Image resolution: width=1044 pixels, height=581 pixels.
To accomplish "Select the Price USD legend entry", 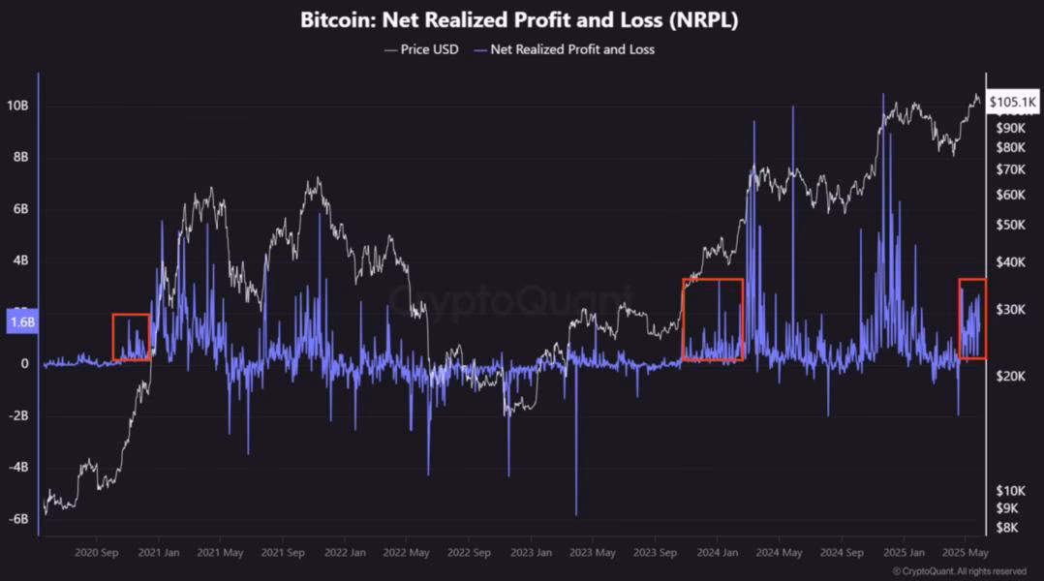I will point(421,48).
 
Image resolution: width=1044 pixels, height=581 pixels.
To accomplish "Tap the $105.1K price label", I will point(1013,101).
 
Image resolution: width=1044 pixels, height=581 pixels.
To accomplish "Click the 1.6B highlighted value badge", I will point(22,323).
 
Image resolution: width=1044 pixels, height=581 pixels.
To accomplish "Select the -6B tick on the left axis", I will point(20,519).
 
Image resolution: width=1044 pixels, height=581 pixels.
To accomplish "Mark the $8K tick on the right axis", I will point(1007,527).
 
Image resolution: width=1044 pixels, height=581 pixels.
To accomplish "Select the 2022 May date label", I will point(406,553).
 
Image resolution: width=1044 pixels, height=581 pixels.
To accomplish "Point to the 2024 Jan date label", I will point(717,553).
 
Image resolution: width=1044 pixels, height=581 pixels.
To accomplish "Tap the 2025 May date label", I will point(966,553).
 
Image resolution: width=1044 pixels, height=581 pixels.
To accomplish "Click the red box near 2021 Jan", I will point(131,337).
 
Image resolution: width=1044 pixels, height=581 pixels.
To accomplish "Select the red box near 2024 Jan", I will point(712,320).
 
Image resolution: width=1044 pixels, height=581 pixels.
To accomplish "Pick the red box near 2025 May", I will point(972,319).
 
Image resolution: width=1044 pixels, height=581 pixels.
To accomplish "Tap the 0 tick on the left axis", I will point(25,364).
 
